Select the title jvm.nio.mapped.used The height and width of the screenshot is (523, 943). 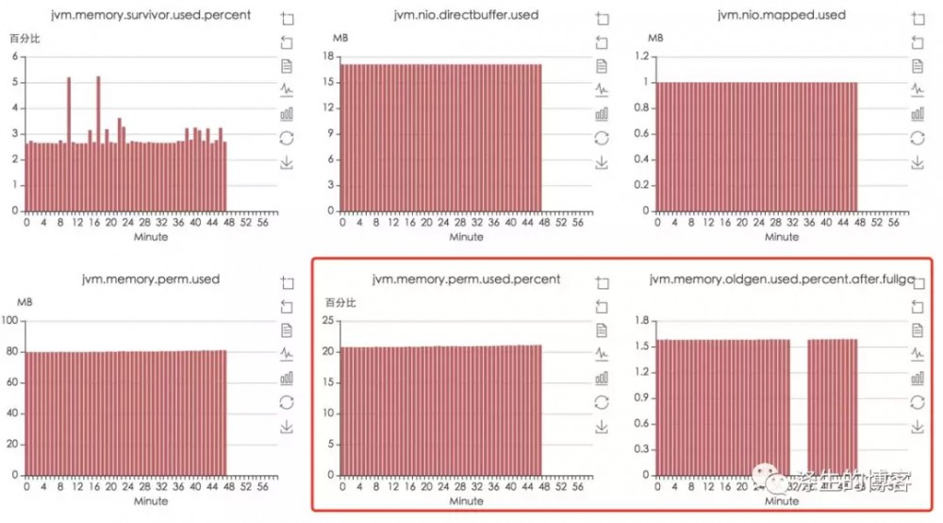pyautogui.click(x=754, y=15)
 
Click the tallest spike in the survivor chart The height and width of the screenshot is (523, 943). pyautogui.click(x=98, y=79)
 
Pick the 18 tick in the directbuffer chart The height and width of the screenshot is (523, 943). pyautogui.click(x=330, y=56)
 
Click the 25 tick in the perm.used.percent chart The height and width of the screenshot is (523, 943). pyautogui.click(x=330, y=321)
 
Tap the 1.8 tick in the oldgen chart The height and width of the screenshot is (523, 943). pyautogui.click(x=642, y=321)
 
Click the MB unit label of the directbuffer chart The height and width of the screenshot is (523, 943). pyautogui.click(x=341, y=37)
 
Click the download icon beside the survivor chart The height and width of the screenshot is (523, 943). pyautogui.click(x=288, y=163)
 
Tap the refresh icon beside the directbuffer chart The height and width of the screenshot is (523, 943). pyautogui.click(x=602, y=139)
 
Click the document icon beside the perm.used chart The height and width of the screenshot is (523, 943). pyautogui.click(x=288, y=329)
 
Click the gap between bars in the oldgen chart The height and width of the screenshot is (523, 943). pyautogui.click(x=799, y=406)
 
